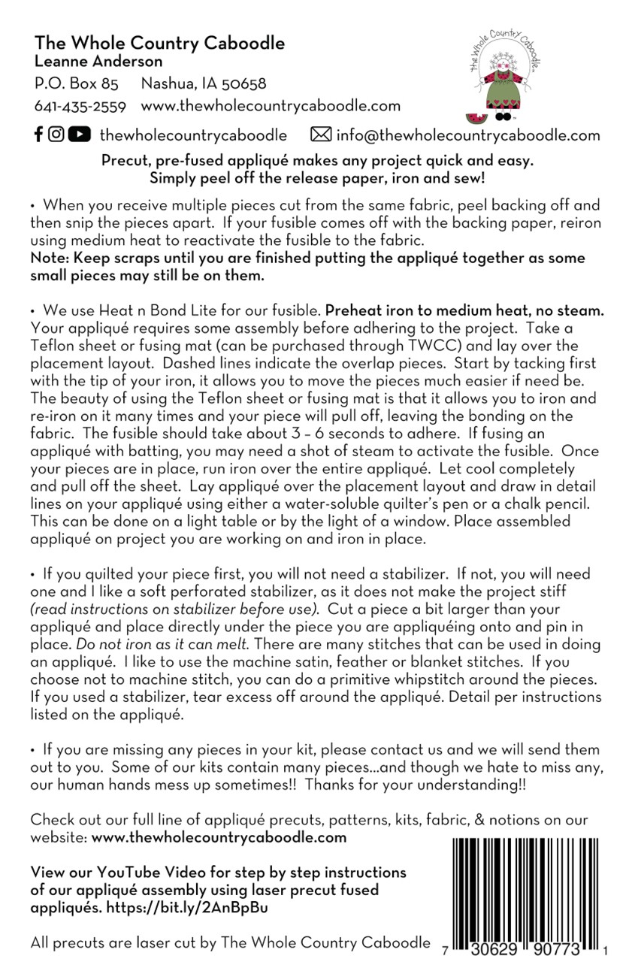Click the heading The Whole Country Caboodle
click(x=159, y=43)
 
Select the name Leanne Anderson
click(x=98, y=62)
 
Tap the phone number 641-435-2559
click(x=80, y=106)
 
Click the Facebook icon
click(x=39, y=135)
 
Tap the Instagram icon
click(x=56, y=135)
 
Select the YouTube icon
click(x=79, y=135)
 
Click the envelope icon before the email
click(x=321, y=135)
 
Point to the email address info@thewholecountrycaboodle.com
click(x=468, y=135)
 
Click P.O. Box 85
click(x=76, y=83)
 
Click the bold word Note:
click(x=47, y=258)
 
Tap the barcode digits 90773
click(x=558, y=951)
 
